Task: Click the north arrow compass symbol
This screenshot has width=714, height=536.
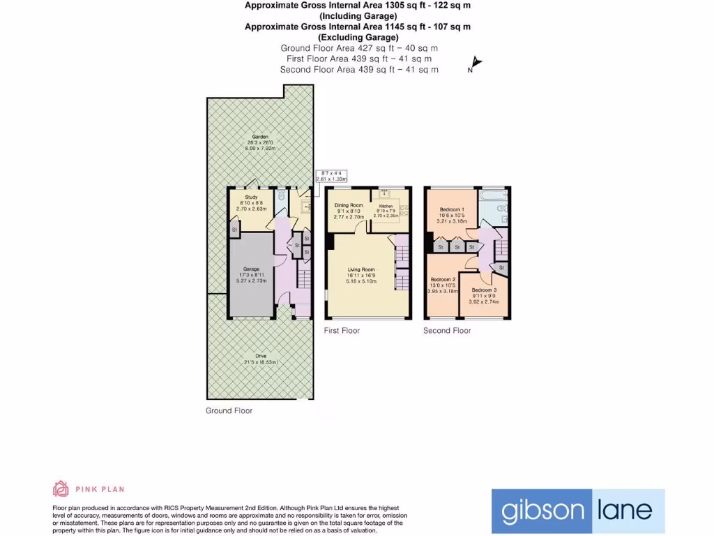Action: [475, 65]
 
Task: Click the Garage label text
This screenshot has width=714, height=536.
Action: [251, 269]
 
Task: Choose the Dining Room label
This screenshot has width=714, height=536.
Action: [349, 205]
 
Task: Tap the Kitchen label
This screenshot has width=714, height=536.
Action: [386, 207]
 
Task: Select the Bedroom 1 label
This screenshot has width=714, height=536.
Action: [452, 209]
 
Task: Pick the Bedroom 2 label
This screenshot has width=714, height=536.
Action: [443, 279]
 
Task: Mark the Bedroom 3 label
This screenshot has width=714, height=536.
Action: [484, 290]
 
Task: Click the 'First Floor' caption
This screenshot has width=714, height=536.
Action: [342, 330]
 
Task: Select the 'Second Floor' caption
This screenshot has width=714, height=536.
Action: [447, 330]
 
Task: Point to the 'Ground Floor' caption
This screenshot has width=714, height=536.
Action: [229, 410]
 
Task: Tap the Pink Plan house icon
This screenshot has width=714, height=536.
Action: [61, 489]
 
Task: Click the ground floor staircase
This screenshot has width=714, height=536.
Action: [304, 279]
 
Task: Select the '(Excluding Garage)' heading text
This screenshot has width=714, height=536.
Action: [358, 37]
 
